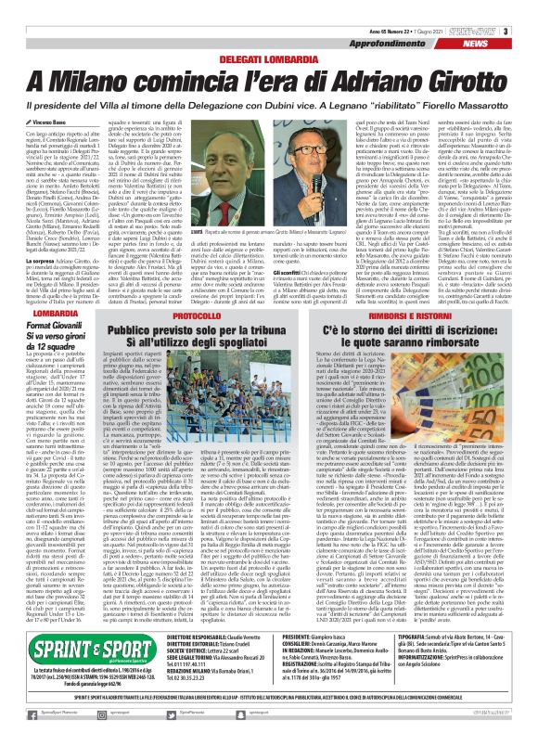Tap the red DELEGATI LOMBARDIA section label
(x=269, y=33)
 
